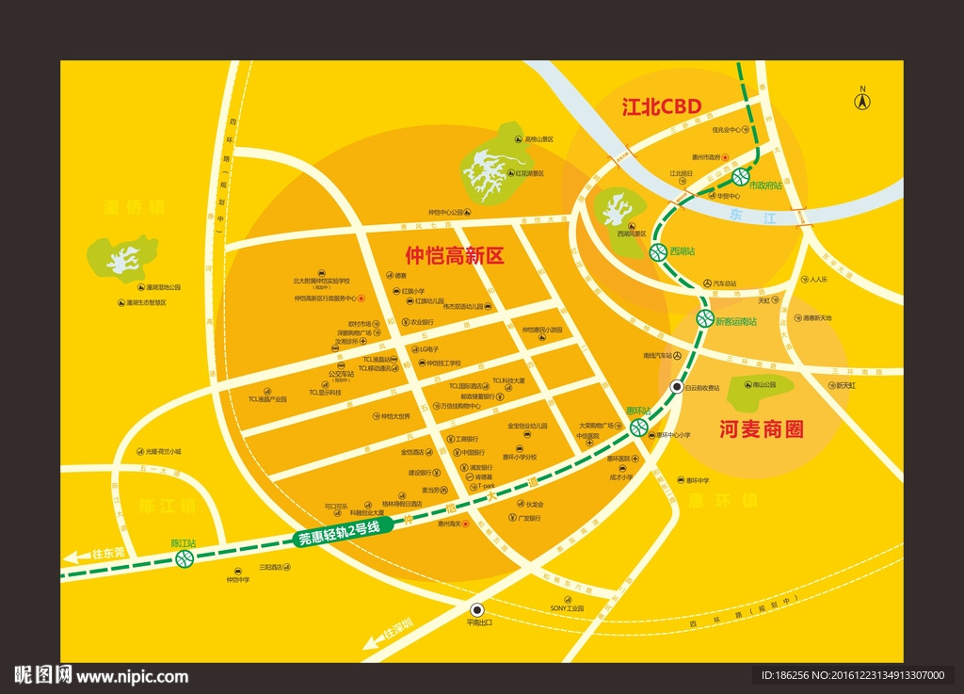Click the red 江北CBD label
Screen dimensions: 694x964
click(662, 106)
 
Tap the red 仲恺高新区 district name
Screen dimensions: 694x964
click(455, 254)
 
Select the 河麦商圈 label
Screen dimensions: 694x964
click(762, 429)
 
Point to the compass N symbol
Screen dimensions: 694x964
click(860, 99)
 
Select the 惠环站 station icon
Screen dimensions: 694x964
click(639, 428)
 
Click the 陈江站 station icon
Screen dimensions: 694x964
click(185, 559)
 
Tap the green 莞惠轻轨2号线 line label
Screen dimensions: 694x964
click(338, 533)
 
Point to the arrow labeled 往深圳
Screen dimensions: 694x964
click(374, 639)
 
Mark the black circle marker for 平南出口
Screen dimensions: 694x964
click(476, 608)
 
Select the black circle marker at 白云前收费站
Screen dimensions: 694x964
click(676, 388)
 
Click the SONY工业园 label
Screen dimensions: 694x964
click(568, 608)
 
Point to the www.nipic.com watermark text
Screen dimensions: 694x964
click(132, 676)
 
